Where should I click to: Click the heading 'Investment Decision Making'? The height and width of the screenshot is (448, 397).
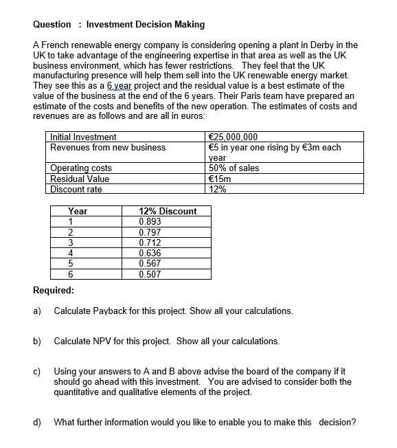[145, 24]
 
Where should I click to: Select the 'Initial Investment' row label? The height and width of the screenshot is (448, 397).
[83, 137]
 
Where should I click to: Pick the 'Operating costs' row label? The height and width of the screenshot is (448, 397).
[81, 168]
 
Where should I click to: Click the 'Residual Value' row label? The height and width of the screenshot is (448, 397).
[80, 179]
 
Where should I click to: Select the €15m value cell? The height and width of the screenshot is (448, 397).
[220, 179]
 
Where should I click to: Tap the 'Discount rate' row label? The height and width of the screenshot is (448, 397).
[76, 189]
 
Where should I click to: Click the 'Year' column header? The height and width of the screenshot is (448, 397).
[78, 212]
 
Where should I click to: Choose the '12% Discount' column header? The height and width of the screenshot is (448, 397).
[167, 212]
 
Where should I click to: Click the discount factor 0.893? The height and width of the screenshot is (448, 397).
[150, 222]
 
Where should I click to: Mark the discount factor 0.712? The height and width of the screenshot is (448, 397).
[150, 243]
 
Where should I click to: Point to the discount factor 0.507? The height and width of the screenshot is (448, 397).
[150, 274]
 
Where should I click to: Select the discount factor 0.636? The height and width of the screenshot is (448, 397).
[150, 253]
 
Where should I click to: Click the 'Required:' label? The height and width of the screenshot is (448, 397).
[54, 290]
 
